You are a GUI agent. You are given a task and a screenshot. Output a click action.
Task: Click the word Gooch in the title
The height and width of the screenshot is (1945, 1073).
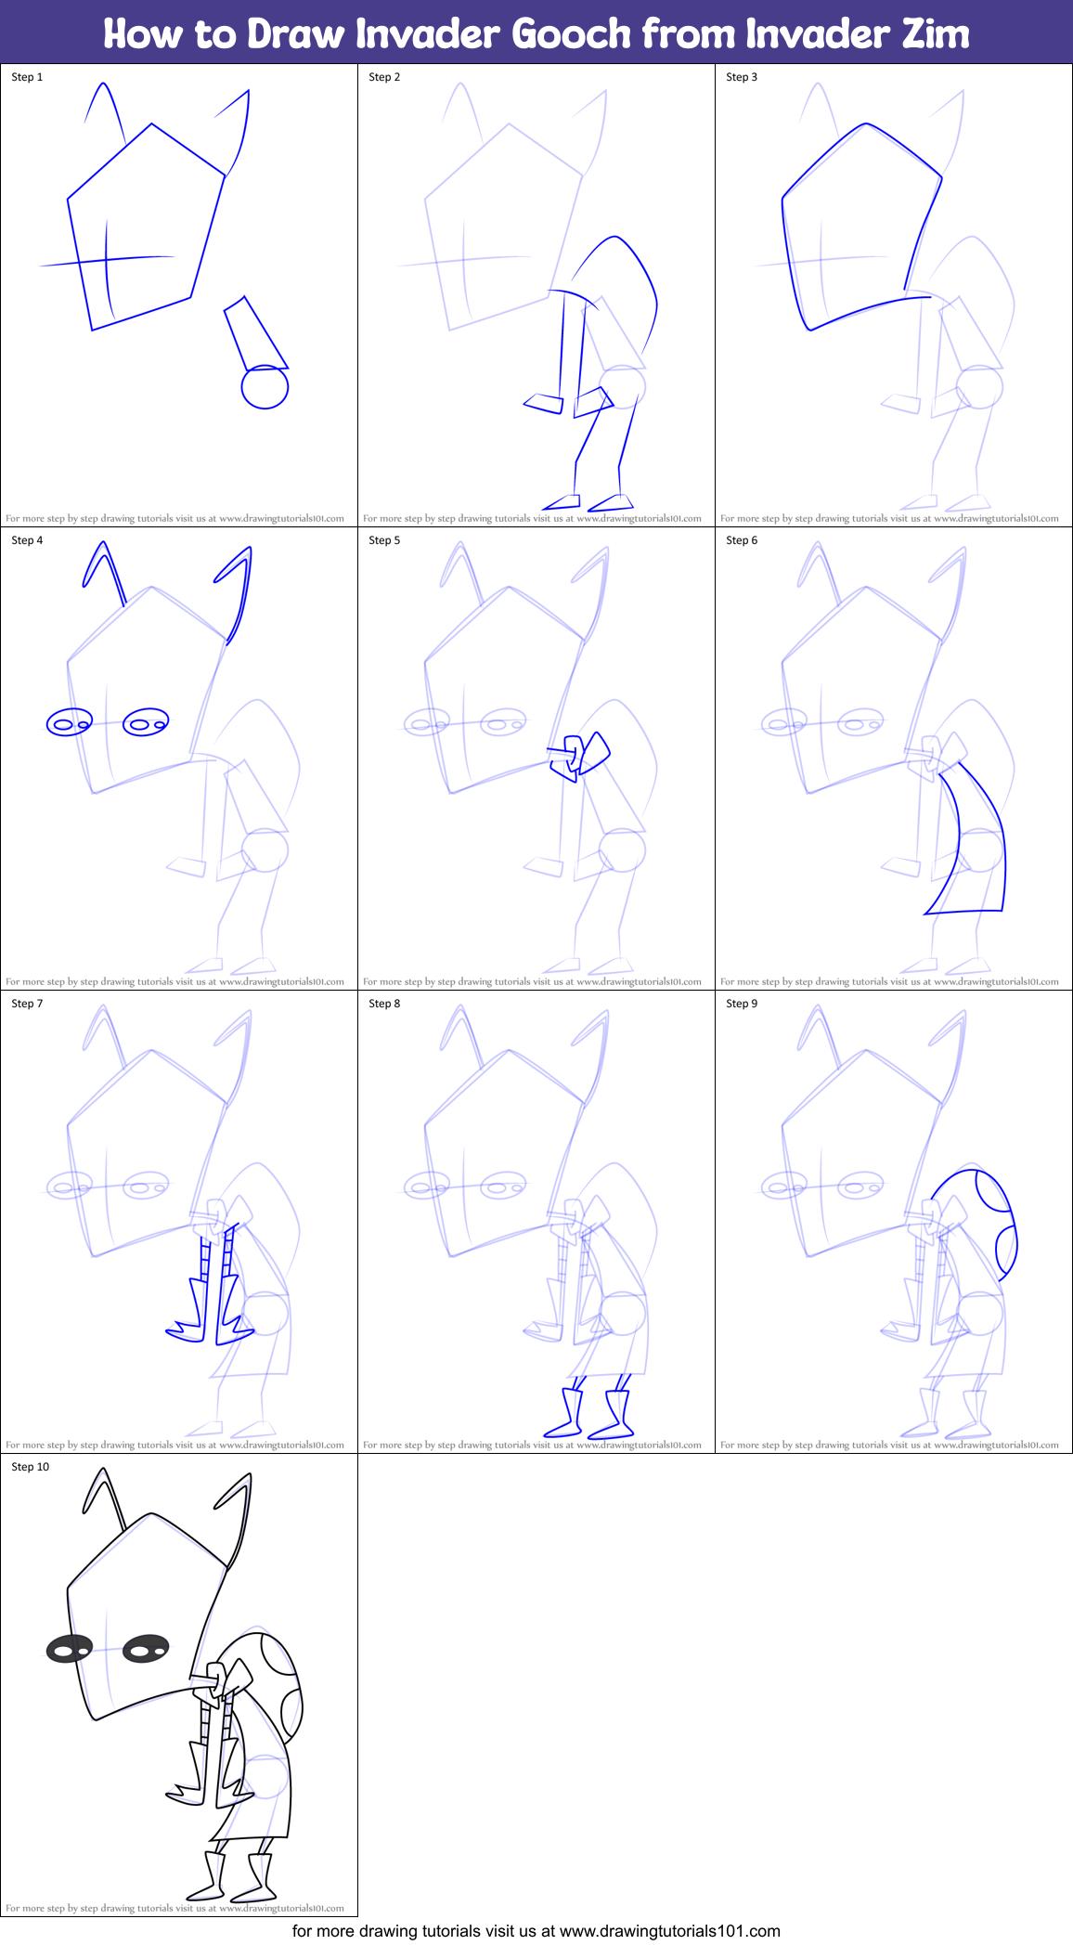[571, 33]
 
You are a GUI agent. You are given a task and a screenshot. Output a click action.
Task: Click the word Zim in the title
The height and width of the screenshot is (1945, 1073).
[936, 33]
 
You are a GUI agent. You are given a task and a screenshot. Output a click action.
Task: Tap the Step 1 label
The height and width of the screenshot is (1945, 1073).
[27, 77]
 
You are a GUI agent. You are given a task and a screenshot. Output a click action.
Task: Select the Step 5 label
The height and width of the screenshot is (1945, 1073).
[384, 540]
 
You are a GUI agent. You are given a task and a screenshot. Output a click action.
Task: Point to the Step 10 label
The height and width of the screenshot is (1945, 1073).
[31, 1467]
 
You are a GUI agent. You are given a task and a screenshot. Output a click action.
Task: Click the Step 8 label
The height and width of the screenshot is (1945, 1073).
[384, 1004]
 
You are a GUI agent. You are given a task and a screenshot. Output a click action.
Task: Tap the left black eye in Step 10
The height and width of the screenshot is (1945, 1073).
[70, 1650]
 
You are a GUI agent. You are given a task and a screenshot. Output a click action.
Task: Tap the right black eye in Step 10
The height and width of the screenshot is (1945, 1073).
[146, 1650]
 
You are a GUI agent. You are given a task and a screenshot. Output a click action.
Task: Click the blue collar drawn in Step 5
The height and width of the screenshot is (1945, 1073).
[579, 755]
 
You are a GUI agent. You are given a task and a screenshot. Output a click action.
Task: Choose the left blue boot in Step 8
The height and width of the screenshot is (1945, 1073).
[564, 1412]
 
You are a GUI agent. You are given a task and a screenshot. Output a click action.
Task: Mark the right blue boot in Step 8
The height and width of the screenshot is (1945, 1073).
[614, 1414]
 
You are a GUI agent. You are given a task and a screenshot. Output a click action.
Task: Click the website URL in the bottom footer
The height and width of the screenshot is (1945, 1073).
[670, 1931]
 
